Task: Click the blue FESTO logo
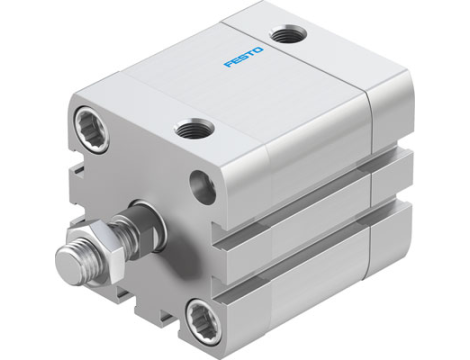tap(245, 56)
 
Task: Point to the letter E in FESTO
tap(236, 60)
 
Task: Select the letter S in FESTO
tap(245, 56)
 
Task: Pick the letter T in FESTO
tap(253, 52)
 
